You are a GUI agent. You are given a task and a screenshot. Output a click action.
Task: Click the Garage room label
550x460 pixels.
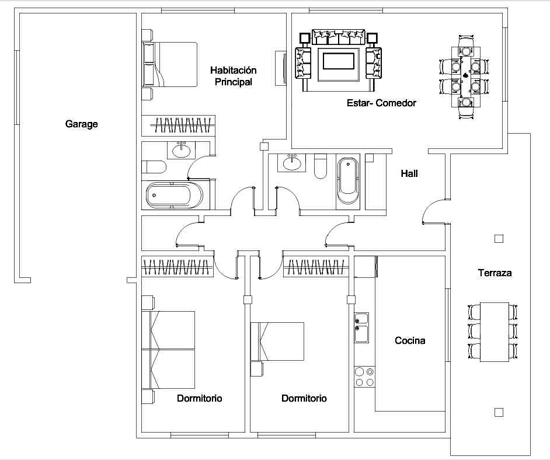point(81,124)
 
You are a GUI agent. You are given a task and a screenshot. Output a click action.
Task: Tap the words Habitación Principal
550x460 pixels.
point(234,76)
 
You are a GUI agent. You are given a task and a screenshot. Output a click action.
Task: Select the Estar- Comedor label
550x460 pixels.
point(381,103)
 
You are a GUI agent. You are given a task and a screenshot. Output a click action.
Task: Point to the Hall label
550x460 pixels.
point(409,173)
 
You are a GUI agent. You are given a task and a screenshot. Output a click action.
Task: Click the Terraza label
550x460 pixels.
point(495,273)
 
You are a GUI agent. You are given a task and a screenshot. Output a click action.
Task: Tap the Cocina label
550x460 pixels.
point(410,340)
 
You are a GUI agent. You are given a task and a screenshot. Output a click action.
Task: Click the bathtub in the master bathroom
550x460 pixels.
point(175,196)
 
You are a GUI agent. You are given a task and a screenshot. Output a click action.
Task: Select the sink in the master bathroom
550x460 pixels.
point(181,150)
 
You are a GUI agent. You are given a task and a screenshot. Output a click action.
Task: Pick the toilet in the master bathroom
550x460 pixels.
point(154,167)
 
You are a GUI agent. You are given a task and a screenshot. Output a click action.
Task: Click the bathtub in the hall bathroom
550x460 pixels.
point(347,181)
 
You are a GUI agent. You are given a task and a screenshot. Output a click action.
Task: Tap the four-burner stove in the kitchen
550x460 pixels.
point(364,377)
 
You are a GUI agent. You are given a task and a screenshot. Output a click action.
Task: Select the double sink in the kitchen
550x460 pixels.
point(361,327)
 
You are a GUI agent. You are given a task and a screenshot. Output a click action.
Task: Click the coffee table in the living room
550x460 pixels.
point(339,61)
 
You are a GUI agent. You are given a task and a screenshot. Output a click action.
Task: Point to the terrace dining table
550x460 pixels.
point(494,332)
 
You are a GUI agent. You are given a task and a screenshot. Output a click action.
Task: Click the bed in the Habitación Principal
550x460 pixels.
point(169,65)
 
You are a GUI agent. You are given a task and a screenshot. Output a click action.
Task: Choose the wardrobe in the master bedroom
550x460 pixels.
point(178,126)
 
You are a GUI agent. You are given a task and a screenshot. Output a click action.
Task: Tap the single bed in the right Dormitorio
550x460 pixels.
point(277,341)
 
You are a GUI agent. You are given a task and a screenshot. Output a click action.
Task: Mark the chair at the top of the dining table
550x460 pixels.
point(466,46)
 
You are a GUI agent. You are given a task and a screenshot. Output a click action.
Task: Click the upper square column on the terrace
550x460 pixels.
point(499,239)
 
